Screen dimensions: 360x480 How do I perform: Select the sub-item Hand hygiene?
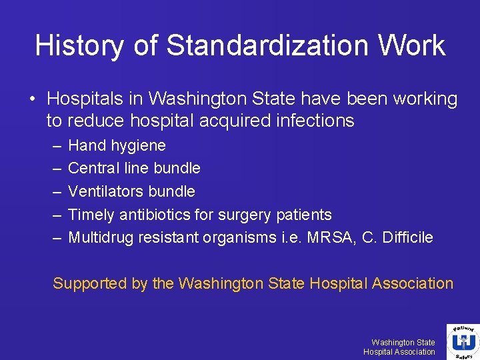click(x=117, y=145)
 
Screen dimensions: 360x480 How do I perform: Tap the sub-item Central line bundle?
click(x=134, y=168)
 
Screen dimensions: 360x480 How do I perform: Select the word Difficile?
click(x=407, y=237)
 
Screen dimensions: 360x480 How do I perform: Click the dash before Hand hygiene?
click(x=53, y=145)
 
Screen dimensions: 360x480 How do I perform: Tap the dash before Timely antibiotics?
click(x=53, y=215)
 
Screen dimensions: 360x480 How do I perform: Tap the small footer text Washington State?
click(x=403, y=342)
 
